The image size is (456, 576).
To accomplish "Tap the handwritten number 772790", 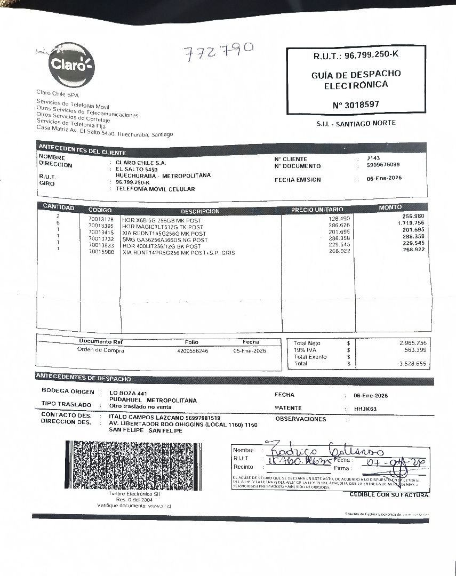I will tap(218, 52).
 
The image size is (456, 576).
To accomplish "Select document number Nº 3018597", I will tap(356, 105).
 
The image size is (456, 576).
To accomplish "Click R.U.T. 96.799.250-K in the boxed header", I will tap(356, 55).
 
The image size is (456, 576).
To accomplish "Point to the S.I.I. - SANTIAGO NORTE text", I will tap(356, 123).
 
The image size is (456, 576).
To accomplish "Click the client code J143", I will tap(373, 158).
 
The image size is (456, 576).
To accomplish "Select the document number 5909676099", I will tap(383, 165).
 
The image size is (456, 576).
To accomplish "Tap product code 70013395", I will tap(101, 226).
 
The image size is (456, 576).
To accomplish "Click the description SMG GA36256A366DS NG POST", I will tap(165, 240).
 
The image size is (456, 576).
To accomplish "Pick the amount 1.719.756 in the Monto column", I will tap(411, 222).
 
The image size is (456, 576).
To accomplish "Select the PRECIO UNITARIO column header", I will tap(317, 210).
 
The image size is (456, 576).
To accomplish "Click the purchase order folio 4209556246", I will tap(192, 351).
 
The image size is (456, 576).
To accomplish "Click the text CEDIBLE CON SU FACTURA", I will tap(389, 495).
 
